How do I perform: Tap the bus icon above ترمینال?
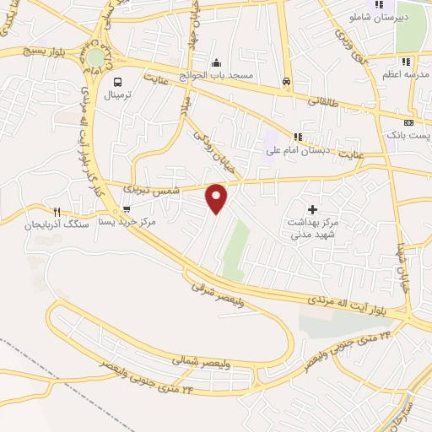[117, 83]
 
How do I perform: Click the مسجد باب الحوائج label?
[222, 76]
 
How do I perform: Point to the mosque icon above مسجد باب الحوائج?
[217, 62]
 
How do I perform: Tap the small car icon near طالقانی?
[287, 82]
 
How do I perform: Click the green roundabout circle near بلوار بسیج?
[97, 57]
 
